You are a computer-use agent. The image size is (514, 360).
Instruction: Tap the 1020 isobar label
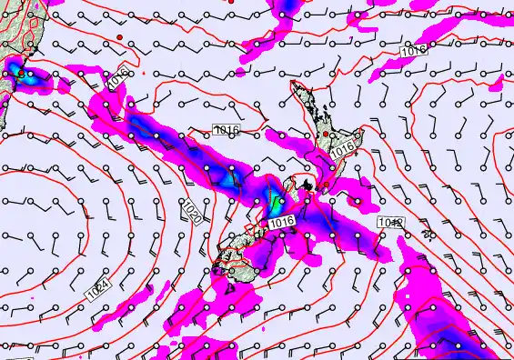[x=192, y=212]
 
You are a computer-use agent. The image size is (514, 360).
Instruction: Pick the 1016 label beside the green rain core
[x=282, y=222]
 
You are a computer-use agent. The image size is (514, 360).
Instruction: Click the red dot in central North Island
[x=326, y=135]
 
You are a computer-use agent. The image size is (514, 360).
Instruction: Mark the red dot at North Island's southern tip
[x=308, y=186]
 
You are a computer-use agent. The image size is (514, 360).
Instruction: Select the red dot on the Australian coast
[x=21, y=73]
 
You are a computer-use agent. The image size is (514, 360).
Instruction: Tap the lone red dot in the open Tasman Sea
[x=119, y=35]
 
